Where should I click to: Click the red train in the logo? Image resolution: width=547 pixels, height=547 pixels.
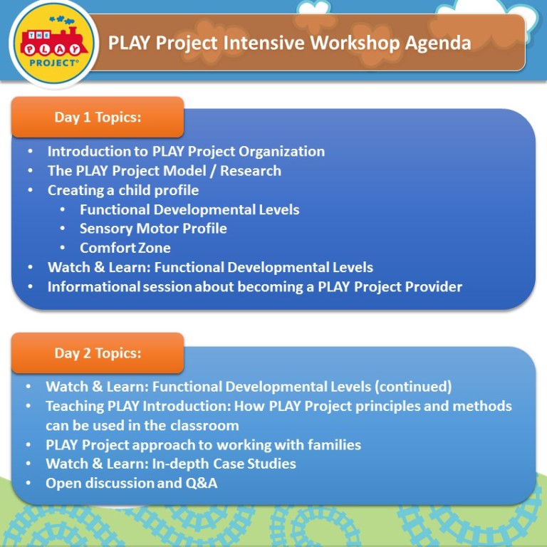tap(54, 42)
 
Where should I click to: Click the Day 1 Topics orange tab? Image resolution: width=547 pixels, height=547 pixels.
tap(98, 118)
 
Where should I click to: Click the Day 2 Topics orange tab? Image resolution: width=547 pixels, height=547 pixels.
tap(98, 353)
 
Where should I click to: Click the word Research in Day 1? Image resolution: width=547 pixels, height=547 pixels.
tap(251, 171)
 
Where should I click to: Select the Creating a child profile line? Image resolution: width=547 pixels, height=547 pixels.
tap(123, 190)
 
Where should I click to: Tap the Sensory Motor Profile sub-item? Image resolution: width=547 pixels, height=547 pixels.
tap(153, 229)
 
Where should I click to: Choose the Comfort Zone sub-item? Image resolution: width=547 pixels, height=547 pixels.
tap(125, 248)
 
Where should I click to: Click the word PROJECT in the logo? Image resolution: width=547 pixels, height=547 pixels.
tap(53, 63)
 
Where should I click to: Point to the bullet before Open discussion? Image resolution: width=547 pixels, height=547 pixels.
tap(28, 484)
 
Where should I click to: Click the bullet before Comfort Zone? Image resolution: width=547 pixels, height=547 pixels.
tap(63, 248)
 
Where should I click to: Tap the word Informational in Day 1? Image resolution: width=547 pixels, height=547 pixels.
tap(93, 287)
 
